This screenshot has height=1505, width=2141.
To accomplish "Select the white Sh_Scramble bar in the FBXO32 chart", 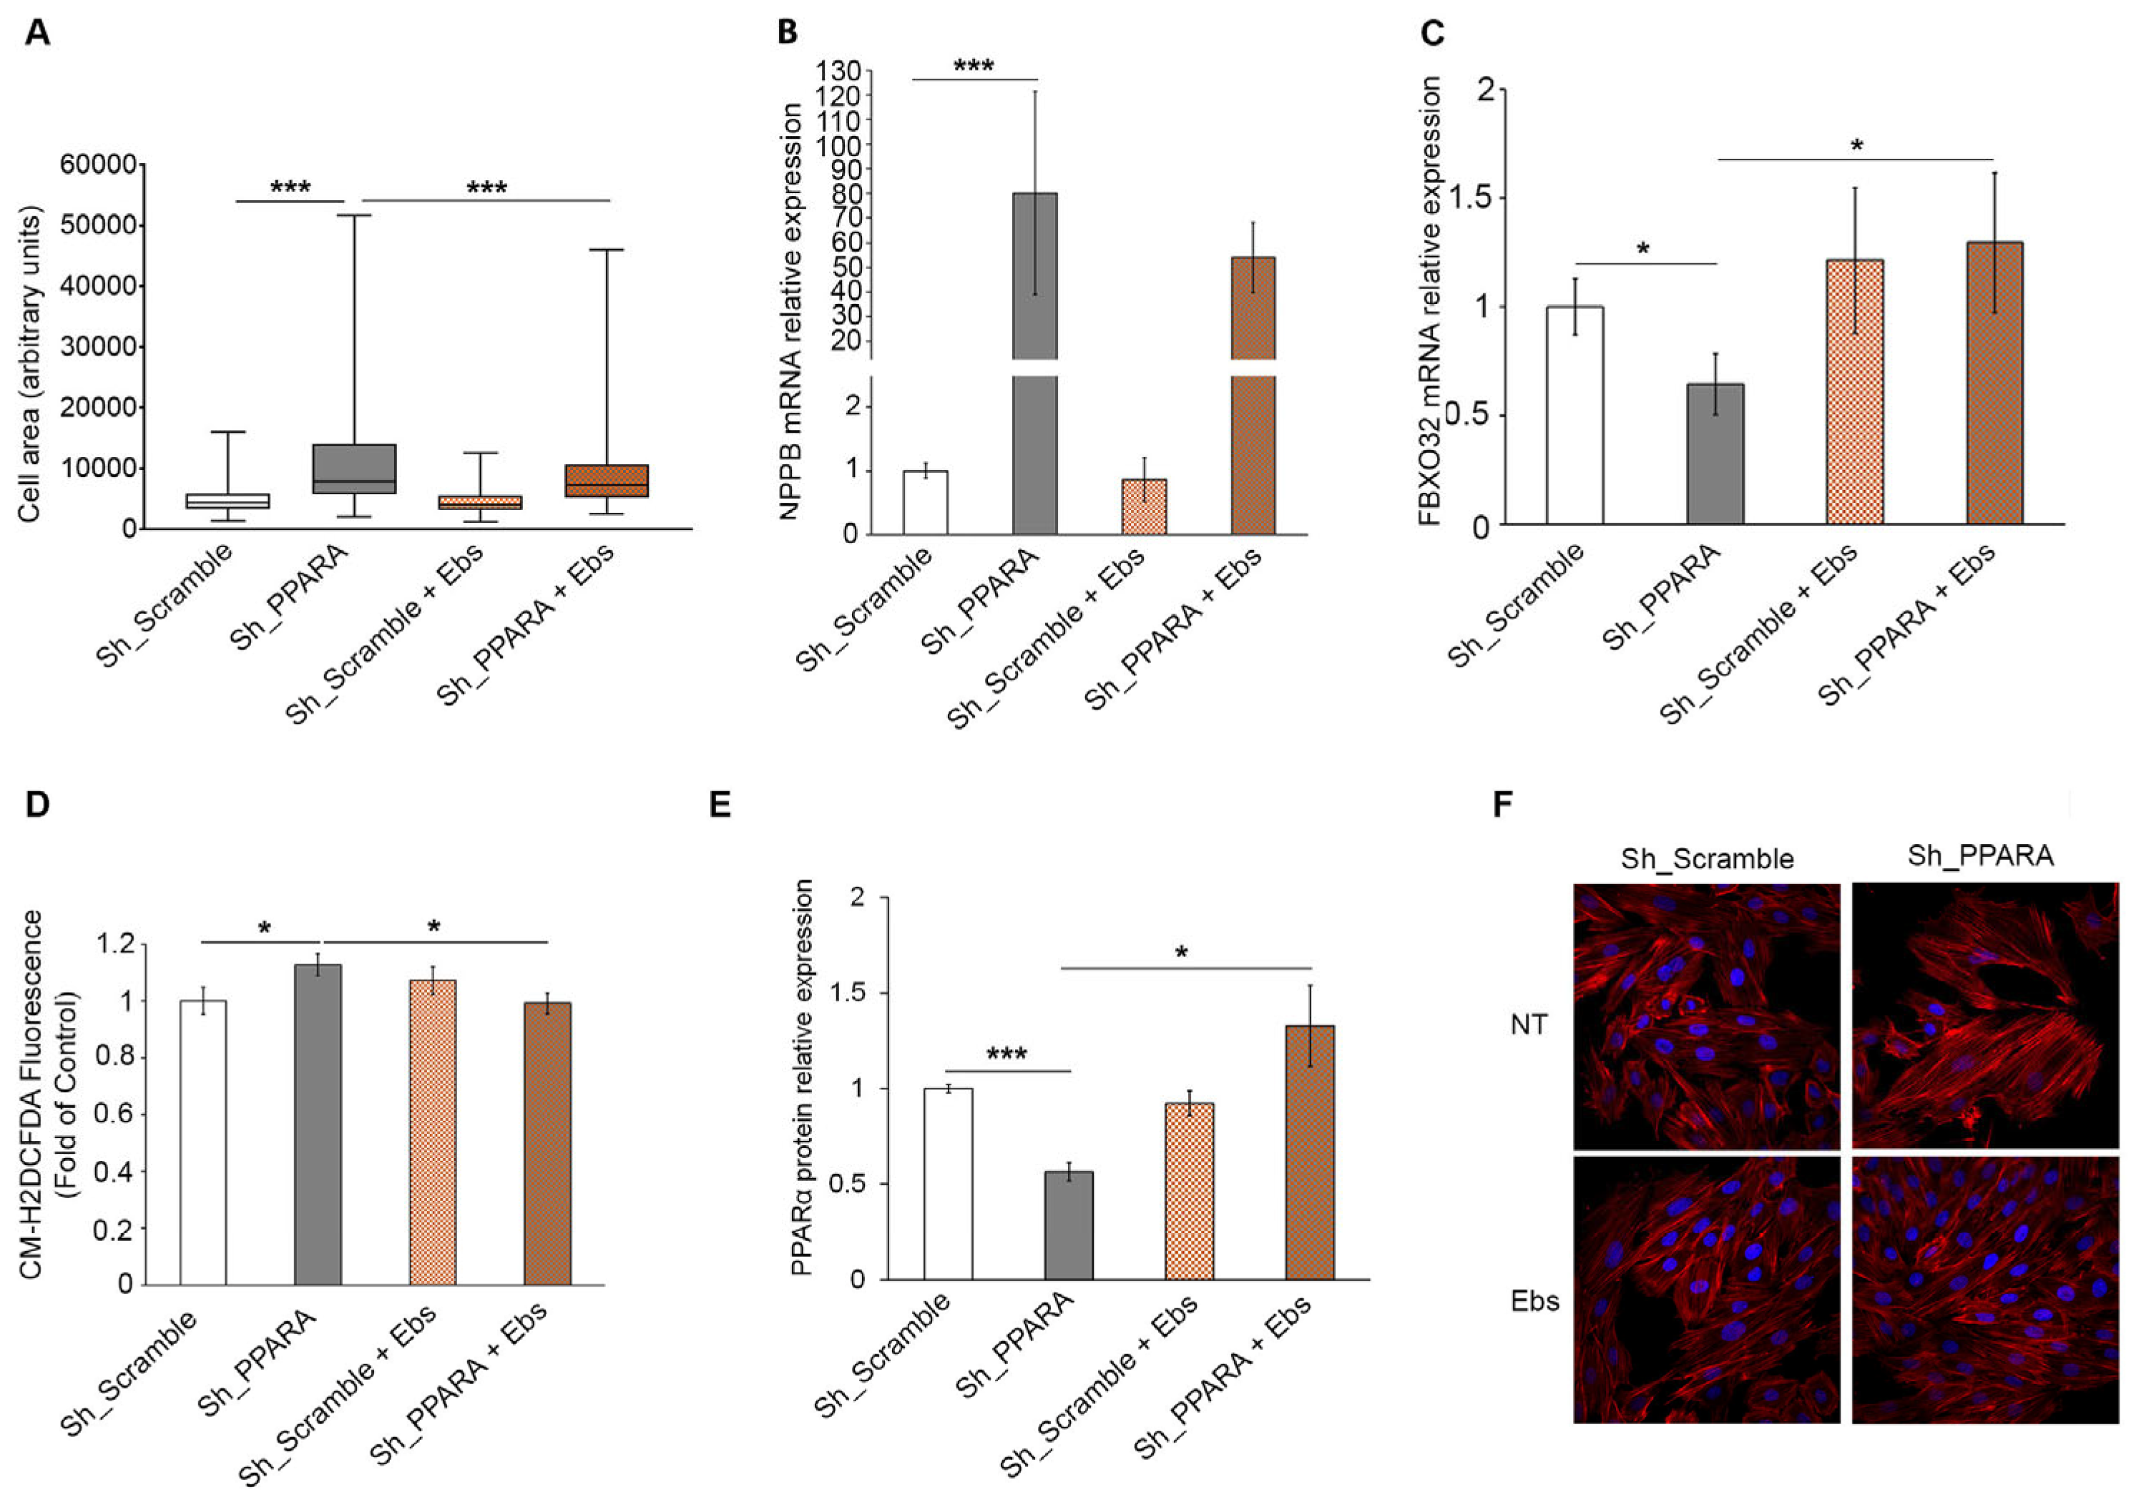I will (1575, 415).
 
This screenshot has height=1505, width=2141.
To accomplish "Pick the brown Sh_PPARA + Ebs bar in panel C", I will (1994, 382).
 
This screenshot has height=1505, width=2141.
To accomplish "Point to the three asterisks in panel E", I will (1006, 1054).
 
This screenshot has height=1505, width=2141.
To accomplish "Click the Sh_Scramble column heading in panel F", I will (1707, 858).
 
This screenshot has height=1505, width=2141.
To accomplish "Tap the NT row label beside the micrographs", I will (1529, 1025).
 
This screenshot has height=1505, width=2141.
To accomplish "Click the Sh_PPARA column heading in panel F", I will (1981, 856).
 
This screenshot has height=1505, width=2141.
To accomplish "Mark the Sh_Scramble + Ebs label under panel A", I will (384, 633).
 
